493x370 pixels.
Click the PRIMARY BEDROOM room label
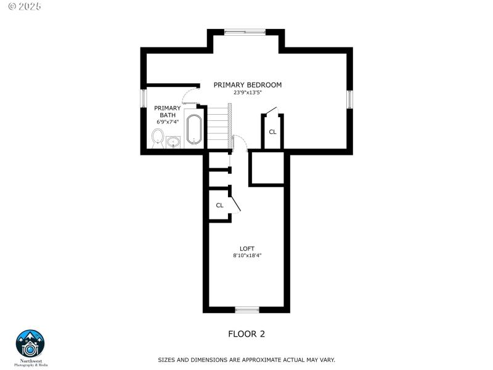247,84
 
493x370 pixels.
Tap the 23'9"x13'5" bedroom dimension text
247,93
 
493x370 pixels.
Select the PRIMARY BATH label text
168,112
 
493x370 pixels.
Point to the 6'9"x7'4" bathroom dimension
168,121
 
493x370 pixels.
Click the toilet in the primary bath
157,138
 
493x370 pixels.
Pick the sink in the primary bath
173,142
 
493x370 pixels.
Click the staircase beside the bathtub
218,127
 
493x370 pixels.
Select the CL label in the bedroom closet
272,132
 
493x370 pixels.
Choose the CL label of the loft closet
219,205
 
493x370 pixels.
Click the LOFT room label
247,249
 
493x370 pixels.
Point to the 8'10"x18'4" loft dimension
247,255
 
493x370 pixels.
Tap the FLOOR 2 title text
246,334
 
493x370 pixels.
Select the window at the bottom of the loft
247,310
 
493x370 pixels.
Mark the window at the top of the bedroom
245,31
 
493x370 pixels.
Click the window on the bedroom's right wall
349,99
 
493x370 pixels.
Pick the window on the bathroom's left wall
144,99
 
